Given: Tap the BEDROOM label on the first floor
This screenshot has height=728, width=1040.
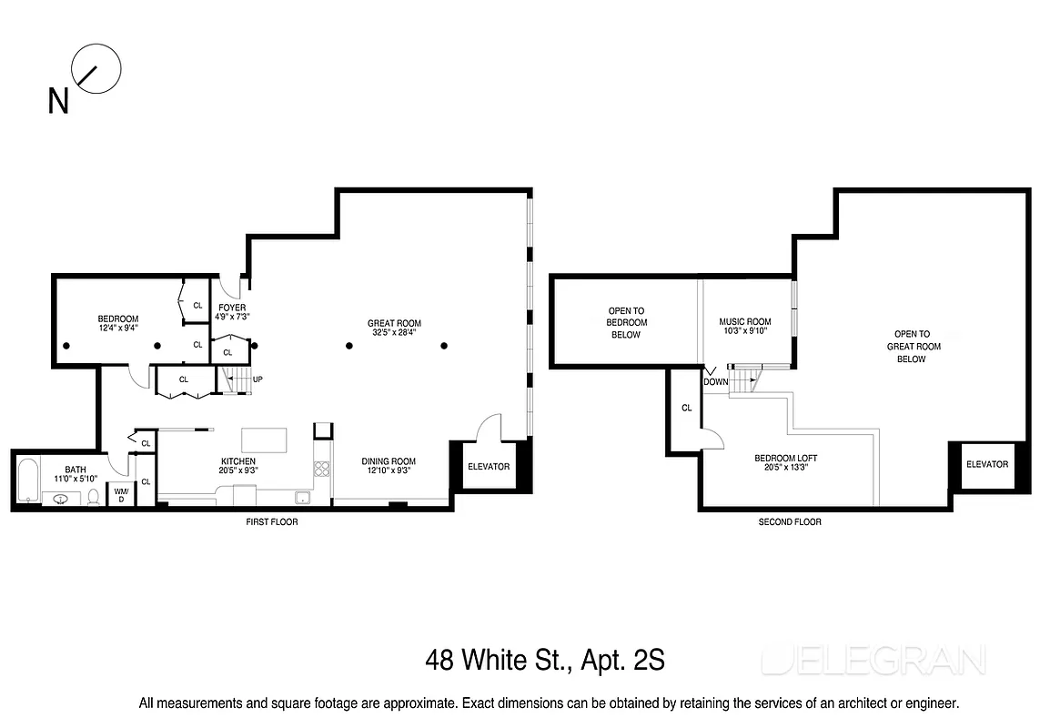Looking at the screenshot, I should tap(118, 318).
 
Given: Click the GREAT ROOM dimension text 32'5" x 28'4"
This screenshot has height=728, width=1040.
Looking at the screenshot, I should tap(394, 333).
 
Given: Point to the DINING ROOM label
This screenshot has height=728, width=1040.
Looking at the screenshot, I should tap(389, 461).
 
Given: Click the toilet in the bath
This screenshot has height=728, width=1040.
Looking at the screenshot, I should tap(92, 496).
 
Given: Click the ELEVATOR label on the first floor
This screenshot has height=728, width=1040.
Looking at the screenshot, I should tap(489, 467).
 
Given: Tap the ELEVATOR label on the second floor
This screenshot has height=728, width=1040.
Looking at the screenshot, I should tap(987, 464).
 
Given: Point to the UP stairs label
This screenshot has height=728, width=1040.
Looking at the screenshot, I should tap(258, 379).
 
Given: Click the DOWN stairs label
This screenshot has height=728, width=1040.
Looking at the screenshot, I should tap(715, 382).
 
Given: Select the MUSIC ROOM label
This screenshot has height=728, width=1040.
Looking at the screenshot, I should tap(744, 321).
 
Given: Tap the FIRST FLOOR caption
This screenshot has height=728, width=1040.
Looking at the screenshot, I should tap(271, 522).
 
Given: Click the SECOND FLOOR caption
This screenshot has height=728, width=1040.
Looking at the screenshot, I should tap(790, 522).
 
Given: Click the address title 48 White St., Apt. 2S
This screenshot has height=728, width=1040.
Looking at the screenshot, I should tap(544, 660).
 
